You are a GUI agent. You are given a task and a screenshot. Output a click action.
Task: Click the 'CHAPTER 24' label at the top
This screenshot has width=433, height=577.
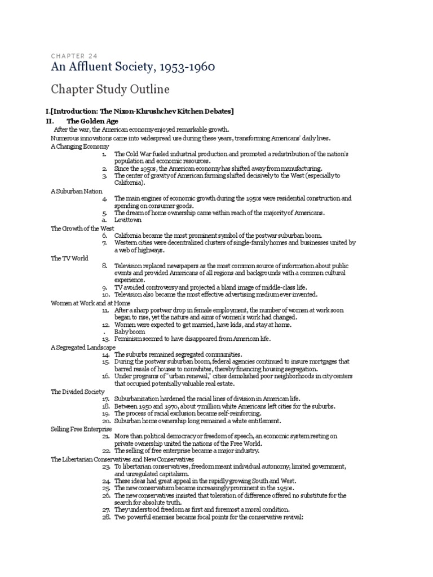[x=74, y=56]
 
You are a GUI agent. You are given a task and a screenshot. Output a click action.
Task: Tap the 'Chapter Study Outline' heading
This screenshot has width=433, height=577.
[x=111, y=90]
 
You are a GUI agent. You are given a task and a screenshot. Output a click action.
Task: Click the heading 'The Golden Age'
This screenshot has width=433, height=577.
[x=92, y=121]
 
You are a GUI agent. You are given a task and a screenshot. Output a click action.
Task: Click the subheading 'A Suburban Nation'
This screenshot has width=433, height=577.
[x=76, y=192]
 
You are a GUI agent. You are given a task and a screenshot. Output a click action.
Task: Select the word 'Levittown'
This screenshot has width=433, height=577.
[x=128, y=221]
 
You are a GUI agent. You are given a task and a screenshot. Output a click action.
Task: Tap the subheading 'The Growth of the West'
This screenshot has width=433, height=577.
[x=82, y=228]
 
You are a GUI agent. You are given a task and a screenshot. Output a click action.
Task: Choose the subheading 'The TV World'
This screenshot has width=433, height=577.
[x=69, y=258]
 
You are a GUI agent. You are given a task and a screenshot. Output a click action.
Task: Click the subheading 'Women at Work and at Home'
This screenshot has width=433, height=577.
[x=90, y=303]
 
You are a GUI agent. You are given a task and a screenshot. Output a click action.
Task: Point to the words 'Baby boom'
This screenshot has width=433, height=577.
[x=130, y=331]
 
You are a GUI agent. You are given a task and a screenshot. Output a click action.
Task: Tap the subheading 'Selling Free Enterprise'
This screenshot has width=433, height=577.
[x=81, y=428]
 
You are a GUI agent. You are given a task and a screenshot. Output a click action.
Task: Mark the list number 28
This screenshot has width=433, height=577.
[x=106, y=517]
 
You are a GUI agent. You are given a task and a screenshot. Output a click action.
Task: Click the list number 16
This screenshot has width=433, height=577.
[x=106, y=376]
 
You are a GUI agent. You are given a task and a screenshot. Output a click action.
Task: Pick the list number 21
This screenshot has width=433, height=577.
[x=106, y=436]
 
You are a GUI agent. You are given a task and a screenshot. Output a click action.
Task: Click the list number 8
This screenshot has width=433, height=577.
[x=105, y=265]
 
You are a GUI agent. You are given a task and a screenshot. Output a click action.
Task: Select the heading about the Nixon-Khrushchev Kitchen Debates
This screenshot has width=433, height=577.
[x=140, y=110]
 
